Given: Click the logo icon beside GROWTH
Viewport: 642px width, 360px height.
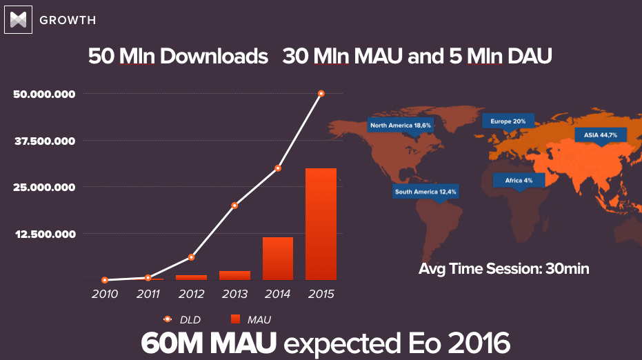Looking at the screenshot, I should [x=19, y=19].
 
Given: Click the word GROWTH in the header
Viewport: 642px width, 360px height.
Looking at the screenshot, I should [x=68, y=20].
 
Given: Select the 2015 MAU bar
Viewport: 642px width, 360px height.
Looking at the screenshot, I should [x=321, y=223].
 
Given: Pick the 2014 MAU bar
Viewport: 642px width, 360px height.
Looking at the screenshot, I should [x=278, y=258].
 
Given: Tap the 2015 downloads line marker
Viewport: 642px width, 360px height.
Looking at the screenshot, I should [x=321, y=93].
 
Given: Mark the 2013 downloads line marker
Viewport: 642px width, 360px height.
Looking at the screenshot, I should [x=234, y=206].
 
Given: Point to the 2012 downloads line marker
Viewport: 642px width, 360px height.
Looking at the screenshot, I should [x=191, y=257].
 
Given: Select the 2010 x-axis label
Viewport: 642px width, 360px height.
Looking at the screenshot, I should [x=104, y=294].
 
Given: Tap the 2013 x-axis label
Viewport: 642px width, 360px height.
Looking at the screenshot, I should [x=234, y=294].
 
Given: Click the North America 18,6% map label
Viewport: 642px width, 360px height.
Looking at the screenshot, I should [x=401, y=126].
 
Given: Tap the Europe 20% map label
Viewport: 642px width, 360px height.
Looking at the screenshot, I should [x=508, y=121].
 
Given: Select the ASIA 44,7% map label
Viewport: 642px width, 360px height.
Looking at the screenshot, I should [x=600, y=135].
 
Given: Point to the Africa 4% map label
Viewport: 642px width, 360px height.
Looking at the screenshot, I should [x=518, y=180].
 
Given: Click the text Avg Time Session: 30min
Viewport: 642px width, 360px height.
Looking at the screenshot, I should [x=503, y=268].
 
